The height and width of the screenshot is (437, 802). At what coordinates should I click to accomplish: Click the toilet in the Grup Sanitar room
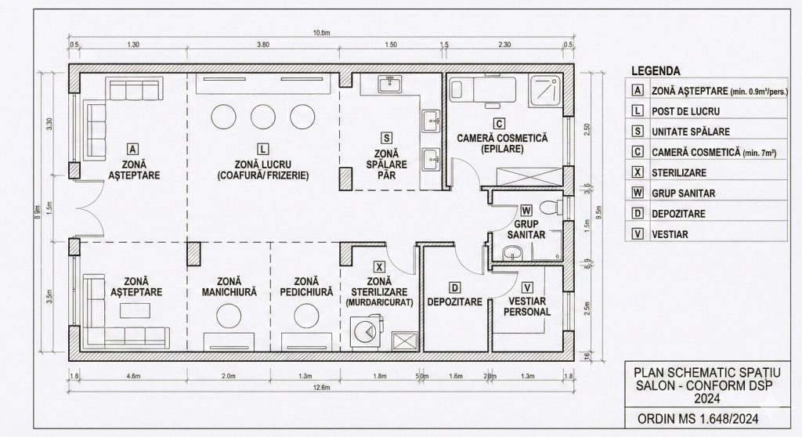click(x=553, y=206)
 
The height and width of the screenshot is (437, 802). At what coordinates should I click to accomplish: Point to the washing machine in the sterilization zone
click(x=364, y=331)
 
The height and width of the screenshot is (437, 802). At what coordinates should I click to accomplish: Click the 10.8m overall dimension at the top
click(x=321, y=33)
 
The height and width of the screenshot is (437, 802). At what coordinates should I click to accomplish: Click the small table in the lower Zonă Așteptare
click(x=134, y=311)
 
